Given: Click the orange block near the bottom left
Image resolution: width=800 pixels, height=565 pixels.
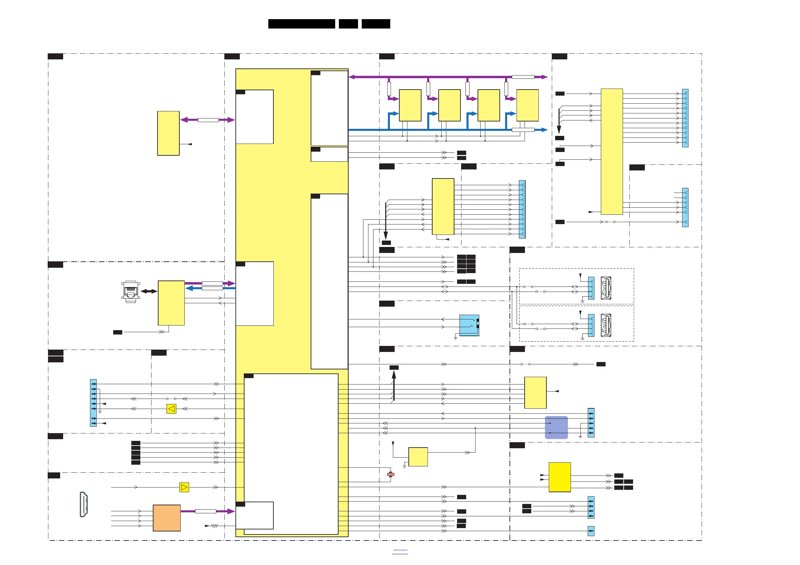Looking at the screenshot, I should (x=167, y=518).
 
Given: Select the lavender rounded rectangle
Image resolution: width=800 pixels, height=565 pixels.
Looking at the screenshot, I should (x=556, y=427).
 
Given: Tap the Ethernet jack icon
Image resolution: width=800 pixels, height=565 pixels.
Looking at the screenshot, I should (x=131, y=292).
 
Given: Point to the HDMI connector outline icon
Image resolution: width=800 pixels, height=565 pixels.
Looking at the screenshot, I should (x=84, y=504).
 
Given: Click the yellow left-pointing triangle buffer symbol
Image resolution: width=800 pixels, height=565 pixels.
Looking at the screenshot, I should (x=171, y=409).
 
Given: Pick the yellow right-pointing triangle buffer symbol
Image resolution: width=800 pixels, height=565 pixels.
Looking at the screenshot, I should (x=184, y=487).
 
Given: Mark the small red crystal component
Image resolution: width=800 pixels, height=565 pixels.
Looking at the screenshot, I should (x=391, y=474).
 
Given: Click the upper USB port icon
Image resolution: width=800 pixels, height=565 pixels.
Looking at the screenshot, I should (x=606, y=288).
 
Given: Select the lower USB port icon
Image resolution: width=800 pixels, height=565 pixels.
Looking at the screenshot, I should (x=606, y=325).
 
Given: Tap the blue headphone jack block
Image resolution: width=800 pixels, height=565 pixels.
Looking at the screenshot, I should (x=469, y=325).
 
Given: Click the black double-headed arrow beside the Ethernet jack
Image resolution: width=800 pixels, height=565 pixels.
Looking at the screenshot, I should (x=149, y=291).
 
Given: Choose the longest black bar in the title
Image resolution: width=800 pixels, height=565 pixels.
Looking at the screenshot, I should (x=301, y=24).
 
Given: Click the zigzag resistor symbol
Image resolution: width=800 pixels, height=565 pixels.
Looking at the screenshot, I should (x=214, y=526).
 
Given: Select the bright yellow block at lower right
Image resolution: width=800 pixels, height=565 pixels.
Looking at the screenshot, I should (x=560, y=477).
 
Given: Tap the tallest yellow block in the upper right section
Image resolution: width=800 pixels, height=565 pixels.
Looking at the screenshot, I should (x=612, y=151).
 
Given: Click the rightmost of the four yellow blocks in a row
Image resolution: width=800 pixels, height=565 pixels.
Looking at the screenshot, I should (x=527, y=105).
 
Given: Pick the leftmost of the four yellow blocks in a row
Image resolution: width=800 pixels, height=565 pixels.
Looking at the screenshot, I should (x=410, y=105).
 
